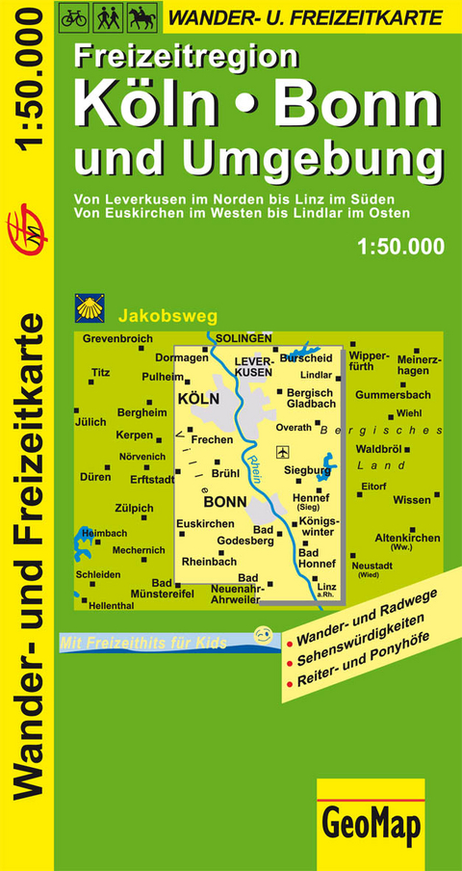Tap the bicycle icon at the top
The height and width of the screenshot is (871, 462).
[x=74, y=15]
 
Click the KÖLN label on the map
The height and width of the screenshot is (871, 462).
[x=199, y=398]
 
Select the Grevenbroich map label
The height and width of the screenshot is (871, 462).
[x=118, y=339]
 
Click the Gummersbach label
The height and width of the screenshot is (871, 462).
[x=392, y=395]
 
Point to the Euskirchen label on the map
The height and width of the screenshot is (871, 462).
[x=205, y=523]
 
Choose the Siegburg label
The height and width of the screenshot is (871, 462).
[x=308, y=470]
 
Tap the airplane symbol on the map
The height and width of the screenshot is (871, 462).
[x=281, y=451]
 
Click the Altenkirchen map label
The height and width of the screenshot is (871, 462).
[x=407, y=538]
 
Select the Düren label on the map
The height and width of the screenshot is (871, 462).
[x=95, y=477]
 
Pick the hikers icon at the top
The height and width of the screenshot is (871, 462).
[x=106, y=15]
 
